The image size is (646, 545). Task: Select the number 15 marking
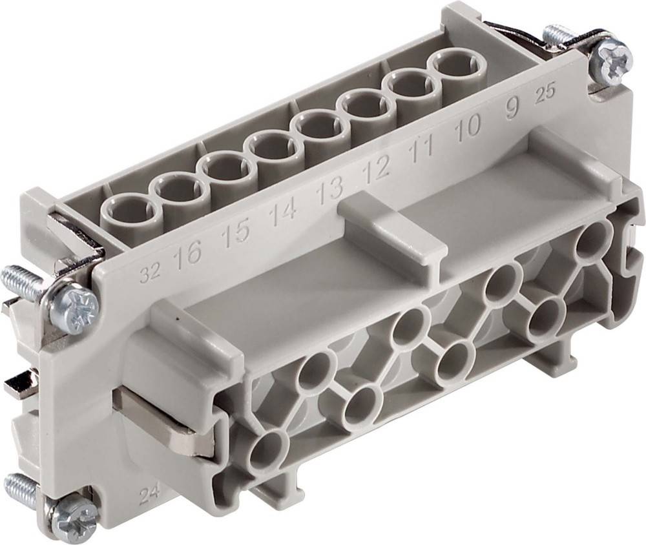(x=234, y=232)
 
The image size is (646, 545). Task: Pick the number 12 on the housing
(x=376, y=170)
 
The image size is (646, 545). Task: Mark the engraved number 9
(x=510, y=110)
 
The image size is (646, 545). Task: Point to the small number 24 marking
(x=149, y=497)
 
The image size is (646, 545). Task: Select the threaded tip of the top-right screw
(x=557, y=32)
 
